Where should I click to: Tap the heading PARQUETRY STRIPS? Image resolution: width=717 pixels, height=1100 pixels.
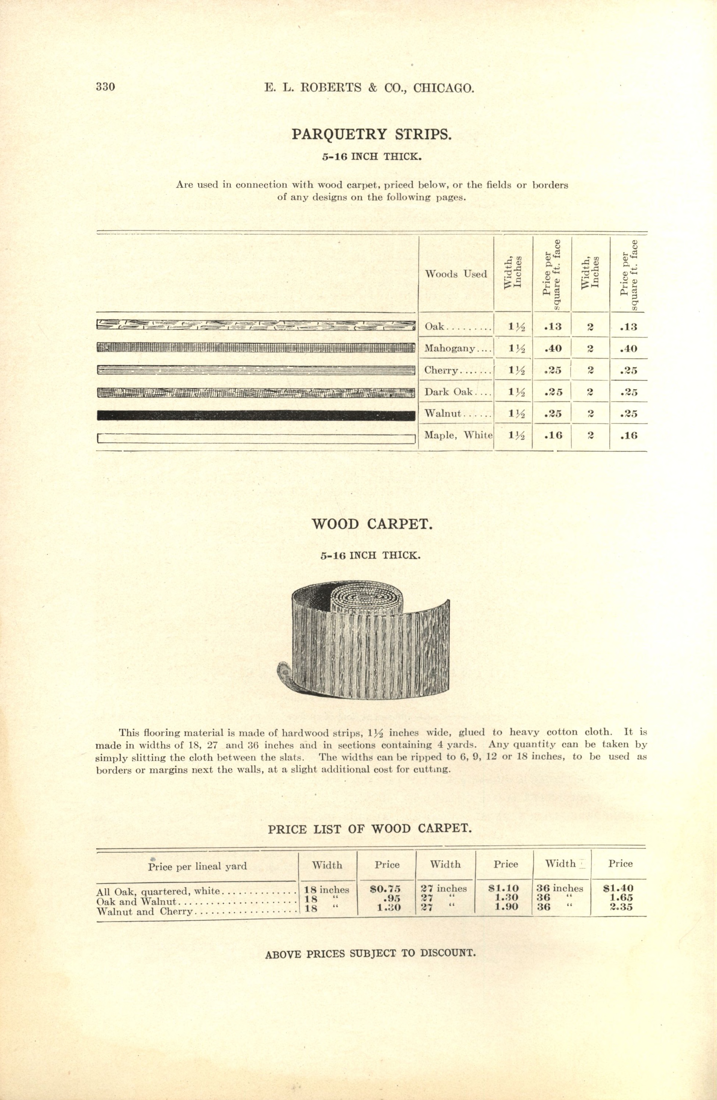pyautogui.click(x=372, y=135)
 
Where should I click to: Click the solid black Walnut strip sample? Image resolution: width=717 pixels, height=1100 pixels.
pyautogui.click(x=256, y=415)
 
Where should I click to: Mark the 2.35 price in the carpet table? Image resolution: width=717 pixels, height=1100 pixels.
pyautogui.click(x=621, y=907)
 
